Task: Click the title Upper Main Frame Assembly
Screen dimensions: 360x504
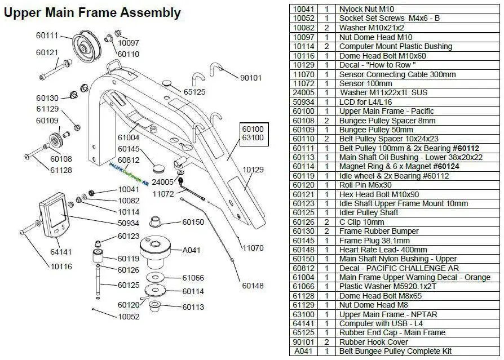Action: coord(92,12)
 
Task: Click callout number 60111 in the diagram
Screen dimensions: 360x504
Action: coord(47,35)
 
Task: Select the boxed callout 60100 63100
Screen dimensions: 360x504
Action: coord(253,133)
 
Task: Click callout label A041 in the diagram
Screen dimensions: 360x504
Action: coord(192,250)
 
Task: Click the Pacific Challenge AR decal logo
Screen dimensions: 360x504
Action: coord(129,167)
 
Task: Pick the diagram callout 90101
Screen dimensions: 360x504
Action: coord(251,78)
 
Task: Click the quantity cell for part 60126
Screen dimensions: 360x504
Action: coord(326,222)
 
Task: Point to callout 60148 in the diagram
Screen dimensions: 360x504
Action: coord(253,286)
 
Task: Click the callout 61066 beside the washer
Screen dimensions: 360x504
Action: coord(193,278)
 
